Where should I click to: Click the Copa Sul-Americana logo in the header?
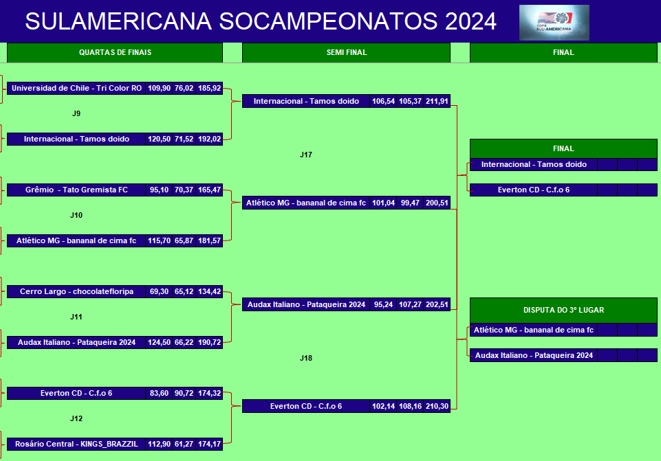(554, 22)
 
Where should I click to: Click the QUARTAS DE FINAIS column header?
(115, 53)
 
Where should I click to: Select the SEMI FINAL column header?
(346, 53)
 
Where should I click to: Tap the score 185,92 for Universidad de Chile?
(210, 89)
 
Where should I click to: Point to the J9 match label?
(76, 113)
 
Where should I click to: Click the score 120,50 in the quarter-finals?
(159, 139)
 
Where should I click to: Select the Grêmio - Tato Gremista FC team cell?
(76, 190)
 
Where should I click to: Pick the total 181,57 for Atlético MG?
(210, 241)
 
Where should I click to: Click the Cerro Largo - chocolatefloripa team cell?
(76, 292)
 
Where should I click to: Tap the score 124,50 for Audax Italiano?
(159, 342)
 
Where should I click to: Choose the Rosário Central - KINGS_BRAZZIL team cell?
(76, 444)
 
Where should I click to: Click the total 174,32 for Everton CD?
(210, 393)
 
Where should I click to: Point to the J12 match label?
(76, 419)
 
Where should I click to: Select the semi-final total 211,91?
(437, 101)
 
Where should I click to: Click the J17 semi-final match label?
(306, 155)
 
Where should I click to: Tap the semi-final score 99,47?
(410, 203)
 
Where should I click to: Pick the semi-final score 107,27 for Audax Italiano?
(410, 304)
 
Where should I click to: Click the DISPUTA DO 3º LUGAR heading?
(563, 311)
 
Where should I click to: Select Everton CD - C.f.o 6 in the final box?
(534, 190)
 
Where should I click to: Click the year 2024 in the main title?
(470, 21)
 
